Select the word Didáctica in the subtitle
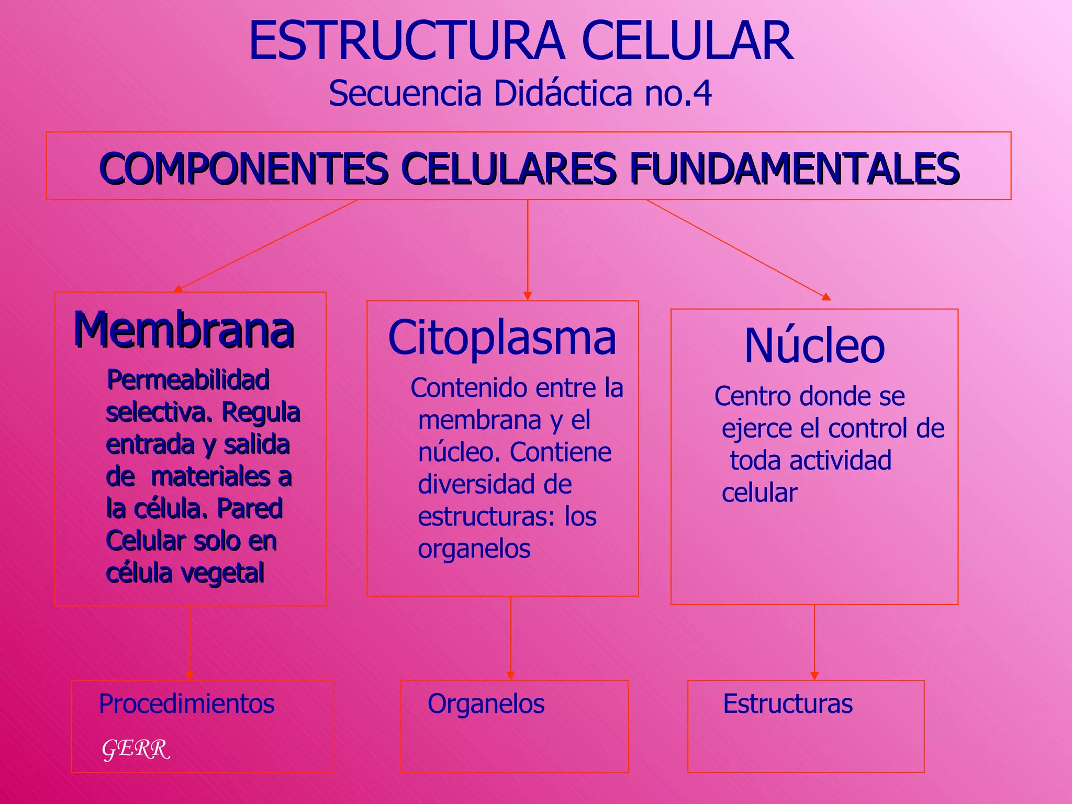[x=563, y=94]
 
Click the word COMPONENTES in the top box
[x=244, y=168]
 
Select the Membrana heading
[x=184, y=330]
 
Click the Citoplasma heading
[x=502, y=338]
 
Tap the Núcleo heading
[x=814, y=346]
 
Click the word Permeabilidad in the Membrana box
[x=188, y=379]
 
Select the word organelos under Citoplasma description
[x=474, y=549]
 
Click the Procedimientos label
[x=186, y=703]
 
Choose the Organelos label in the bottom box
[x=486, y=703]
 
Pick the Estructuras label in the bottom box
[x=788, y=703]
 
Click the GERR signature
[x=136, y=749]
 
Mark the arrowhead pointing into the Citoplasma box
[x=528, y=296]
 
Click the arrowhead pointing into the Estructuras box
[x=814, y=676]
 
